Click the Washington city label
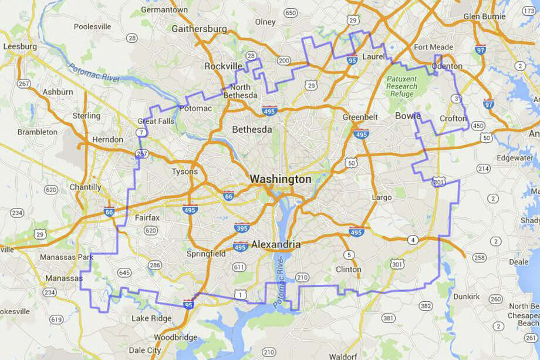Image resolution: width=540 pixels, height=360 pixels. click(x=281, y=179)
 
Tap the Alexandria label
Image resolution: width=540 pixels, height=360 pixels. click(x=276, y=244)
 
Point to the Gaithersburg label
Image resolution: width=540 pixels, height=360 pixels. click(x=199, y=28)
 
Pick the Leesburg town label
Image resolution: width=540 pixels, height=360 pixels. click(x=19, y=46)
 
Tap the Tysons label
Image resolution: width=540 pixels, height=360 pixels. click(x=184, y=171)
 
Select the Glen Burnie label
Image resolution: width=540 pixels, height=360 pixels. click(x=485, y=16)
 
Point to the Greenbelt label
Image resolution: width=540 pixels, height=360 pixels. click(x=360, y=117)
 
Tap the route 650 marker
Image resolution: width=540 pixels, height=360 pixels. click(x=290, y=12)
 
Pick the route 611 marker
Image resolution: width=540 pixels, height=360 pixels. click(x=238, y=267)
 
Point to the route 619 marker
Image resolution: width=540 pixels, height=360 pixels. click(x=56, y=319)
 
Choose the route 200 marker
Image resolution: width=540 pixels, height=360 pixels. click(x=284, y=60)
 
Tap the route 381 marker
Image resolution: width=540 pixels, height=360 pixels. click(x=388, y=318)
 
